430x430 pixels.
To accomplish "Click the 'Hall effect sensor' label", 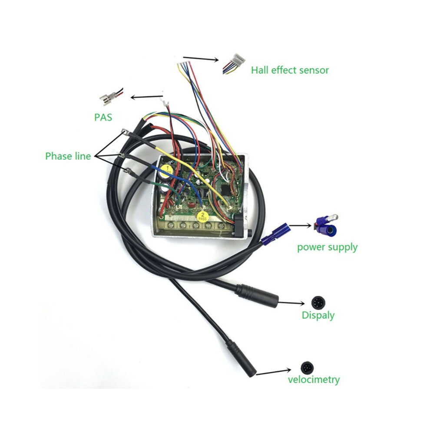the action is (x=290, y=70).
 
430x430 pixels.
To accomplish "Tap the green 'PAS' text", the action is (x=103, y=117).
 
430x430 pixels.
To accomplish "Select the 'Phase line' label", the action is (x=68, y=156).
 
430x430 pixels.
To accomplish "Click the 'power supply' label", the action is (x=327, y=248).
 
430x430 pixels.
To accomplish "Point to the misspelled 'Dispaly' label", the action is (x=318, y=315).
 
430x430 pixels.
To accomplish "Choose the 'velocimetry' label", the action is (x=314, y=380).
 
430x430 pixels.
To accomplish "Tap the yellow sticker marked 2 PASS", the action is (x=203, y=217).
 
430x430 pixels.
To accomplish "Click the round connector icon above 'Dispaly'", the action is (x=318, y=303).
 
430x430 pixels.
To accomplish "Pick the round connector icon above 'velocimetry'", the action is (x=307, y=367).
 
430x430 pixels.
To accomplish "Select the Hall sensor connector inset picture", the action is (x=234, y=63).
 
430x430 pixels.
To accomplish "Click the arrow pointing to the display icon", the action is (x=291, y=303).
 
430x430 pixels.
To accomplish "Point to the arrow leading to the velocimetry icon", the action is (x=273, y=372).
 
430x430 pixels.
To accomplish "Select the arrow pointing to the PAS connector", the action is (x=147, y=97).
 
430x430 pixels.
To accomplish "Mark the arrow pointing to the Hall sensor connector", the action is (x=201, y=59).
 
